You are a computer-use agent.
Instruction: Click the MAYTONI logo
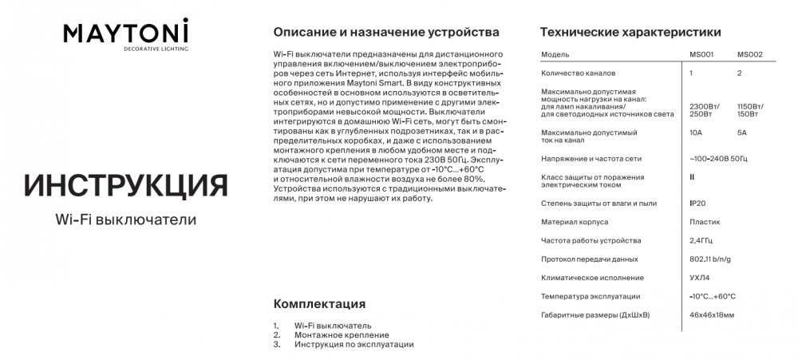click(126, 34)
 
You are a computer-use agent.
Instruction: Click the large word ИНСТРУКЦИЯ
click(126, 184)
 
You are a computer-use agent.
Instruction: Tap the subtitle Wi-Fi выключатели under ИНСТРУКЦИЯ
click(126, 219)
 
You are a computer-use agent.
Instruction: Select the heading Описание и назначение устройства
click(386, 33)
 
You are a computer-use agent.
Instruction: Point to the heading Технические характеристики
click(630, 33)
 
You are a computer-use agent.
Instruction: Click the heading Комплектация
click(319, 304)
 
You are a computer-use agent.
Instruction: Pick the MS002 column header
click(750, 54)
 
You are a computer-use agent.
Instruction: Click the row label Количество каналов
click(575, 73)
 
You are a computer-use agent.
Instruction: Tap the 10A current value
click(696, 133)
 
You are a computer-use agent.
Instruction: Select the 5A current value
click(742, 133)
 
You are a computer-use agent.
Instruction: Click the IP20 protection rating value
click(697, 204)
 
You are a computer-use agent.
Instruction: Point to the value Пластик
click(703, 223)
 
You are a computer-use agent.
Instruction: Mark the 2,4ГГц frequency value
click(701, 240)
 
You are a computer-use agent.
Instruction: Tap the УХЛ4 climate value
click(699, 278)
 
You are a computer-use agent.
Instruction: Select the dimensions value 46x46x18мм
click(712, 315)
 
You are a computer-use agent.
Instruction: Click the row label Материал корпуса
click(575, 223)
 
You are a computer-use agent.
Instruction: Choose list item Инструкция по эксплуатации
click(354, 345)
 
